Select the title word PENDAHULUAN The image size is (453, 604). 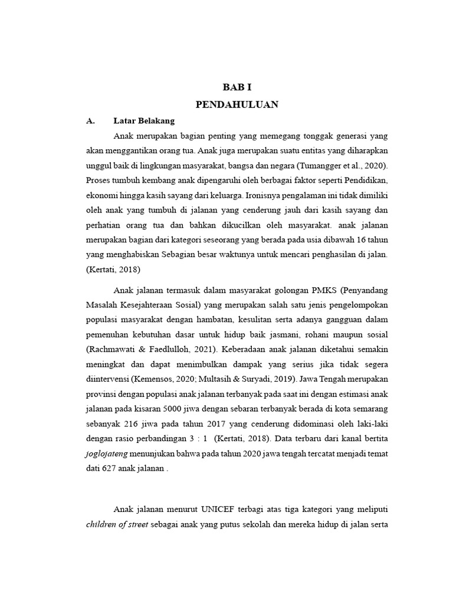coord(237,104)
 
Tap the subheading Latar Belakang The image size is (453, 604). coord(144,121)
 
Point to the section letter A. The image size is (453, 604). coord(90,121)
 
